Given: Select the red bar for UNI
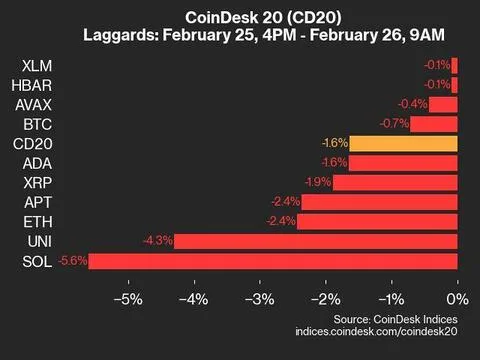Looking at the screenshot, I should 316,241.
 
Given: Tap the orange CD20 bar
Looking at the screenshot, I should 405,143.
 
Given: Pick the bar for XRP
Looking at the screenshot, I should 395,182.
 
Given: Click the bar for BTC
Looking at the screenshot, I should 434,124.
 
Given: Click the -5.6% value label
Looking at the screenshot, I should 74,261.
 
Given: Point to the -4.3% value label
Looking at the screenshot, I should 159,241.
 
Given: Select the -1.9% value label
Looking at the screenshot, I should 318,182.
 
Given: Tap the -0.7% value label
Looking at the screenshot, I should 396,124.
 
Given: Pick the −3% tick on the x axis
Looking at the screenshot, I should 260,299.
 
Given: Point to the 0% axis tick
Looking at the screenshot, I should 457,299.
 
